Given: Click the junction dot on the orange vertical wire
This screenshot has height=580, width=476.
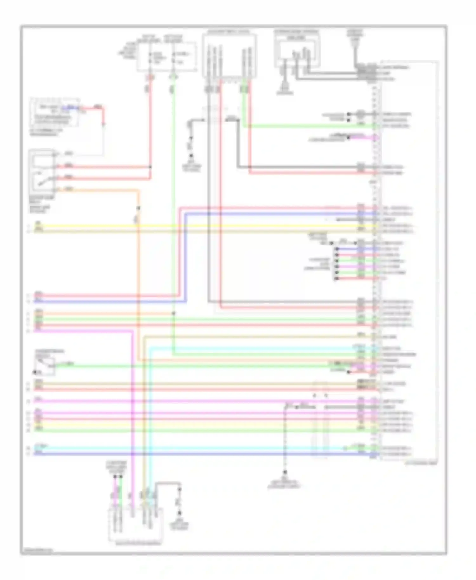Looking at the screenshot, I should [x=138, y=208].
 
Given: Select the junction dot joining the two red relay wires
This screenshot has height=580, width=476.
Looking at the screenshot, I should [x=150, y=167].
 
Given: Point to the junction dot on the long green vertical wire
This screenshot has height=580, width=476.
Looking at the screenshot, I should [x=173, y=313].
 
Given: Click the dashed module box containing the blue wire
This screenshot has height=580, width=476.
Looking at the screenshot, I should [x=55, y=112].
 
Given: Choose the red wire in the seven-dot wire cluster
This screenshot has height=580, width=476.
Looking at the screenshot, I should [x=349, y=278].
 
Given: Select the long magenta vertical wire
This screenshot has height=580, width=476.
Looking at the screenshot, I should [x=133, y=412].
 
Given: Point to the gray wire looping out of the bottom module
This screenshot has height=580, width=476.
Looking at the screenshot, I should [x=168, y=483].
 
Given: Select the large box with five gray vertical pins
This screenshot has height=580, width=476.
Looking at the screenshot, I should [x=229, y=56].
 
